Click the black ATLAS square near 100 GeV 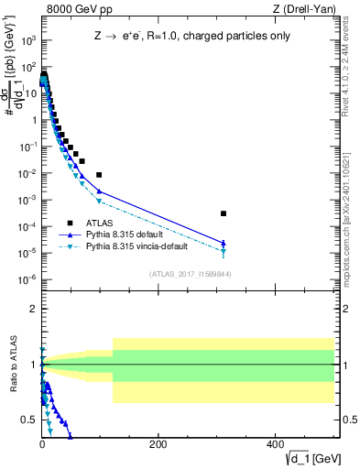[99, 174]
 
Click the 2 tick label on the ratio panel [32, 309]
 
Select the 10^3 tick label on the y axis [27, 40]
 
